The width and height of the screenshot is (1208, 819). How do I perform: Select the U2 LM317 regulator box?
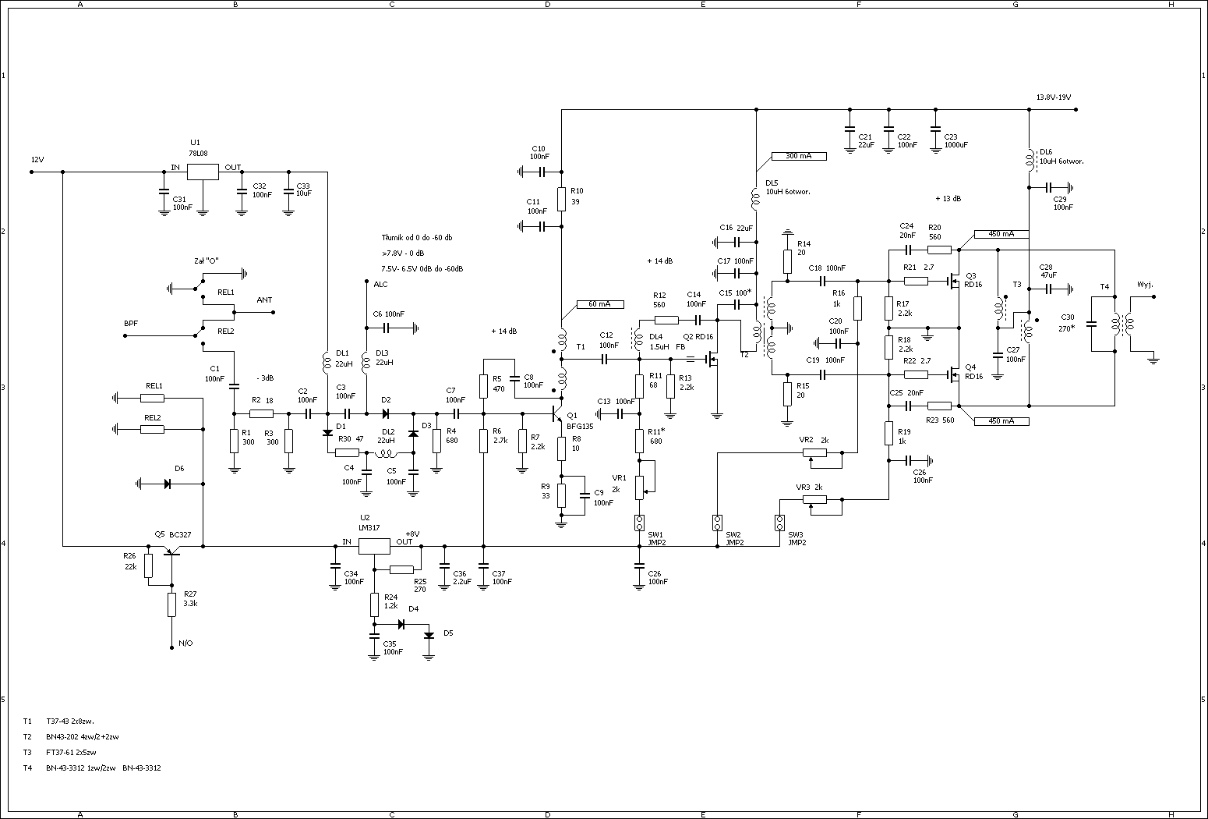tap(373, 546)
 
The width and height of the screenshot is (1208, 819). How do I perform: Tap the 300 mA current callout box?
tap(798, 156)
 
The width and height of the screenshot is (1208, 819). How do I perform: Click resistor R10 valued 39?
tap(561, 199)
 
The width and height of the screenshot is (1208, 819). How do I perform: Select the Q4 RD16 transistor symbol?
tap(953, 374)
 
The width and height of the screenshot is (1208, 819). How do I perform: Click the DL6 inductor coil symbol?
tap(1029, 158)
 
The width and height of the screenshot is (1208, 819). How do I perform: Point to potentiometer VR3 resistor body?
tap(814, 499)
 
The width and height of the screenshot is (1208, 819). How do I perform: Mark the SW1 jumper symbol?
tap(639, 523)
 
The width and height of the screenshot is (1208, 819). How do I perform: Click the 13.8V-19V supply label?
tap(1053, 97)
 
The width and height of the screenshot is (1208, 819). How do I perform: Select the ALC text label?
tap(380, 285)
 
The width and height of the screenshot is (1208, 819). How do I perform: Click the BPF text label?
tap(131, 323)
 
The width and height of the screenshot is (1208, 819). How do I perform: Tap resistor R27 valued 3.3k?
tap(171, 604)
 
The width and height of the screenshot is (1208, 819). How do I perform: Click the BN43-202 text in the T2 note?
tap(62, 736)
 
